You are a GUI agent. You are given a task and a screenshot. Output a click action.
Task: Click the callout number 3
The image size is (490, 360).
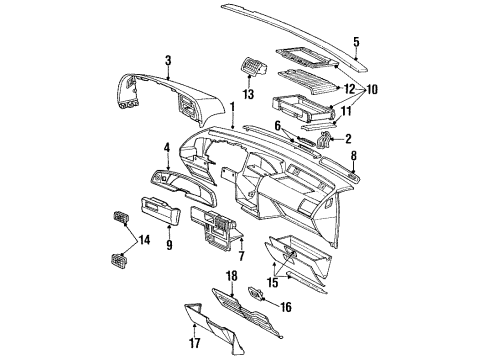[168, 61]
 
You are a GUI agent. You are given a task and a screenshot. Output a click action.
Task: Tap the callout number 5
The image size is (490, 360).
[356, 42]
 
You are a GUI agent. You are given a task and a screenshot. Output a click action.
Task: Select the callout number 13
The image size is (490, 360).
[249, 94]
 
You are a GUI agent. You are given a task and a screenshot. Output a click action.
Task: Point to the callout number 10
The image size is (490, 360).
[372, 89]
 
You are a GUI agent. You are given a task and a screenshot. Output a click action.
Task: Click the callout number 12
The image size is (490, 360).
[351, 89]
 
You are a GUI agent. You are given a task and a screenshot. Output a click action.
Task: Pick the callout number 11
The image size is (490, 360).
[346, 111]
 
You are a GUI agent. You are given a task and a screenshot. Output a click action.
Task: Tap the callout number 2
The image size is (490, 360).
[348, 139]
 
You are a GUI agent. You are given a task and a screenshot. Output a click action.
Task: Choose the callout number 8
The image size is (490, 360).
[354, 155]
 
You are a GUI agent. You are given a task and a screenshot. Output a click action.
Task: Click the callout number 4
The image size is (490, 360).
[167, 148]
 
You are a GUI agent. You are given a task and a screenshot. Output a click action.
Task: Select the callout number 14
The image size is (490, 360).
[144, 240]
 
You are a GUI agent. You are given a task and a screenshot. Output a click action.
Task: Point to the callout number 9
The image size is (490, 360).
[169, 245]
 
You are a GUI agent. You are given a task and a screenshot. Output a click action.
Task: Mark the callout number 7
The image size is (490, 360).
[241, 256]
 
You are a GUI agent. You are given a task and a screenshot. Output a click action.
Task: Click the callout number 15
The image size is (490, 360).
[273, 283]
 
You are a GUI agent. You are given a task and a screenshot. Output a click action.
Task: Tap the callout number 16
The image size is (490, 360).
[286, 307]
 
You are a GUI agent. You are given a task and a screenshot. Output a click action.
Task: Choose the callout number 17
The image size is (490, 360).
[195, 343]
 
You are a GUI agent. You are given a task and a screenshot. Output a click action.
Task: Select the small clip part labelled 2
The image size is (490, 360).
[323, 139]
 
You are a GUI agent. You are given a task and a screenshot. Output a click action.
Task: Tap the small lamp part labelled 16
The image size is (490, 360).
[255, 293]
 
